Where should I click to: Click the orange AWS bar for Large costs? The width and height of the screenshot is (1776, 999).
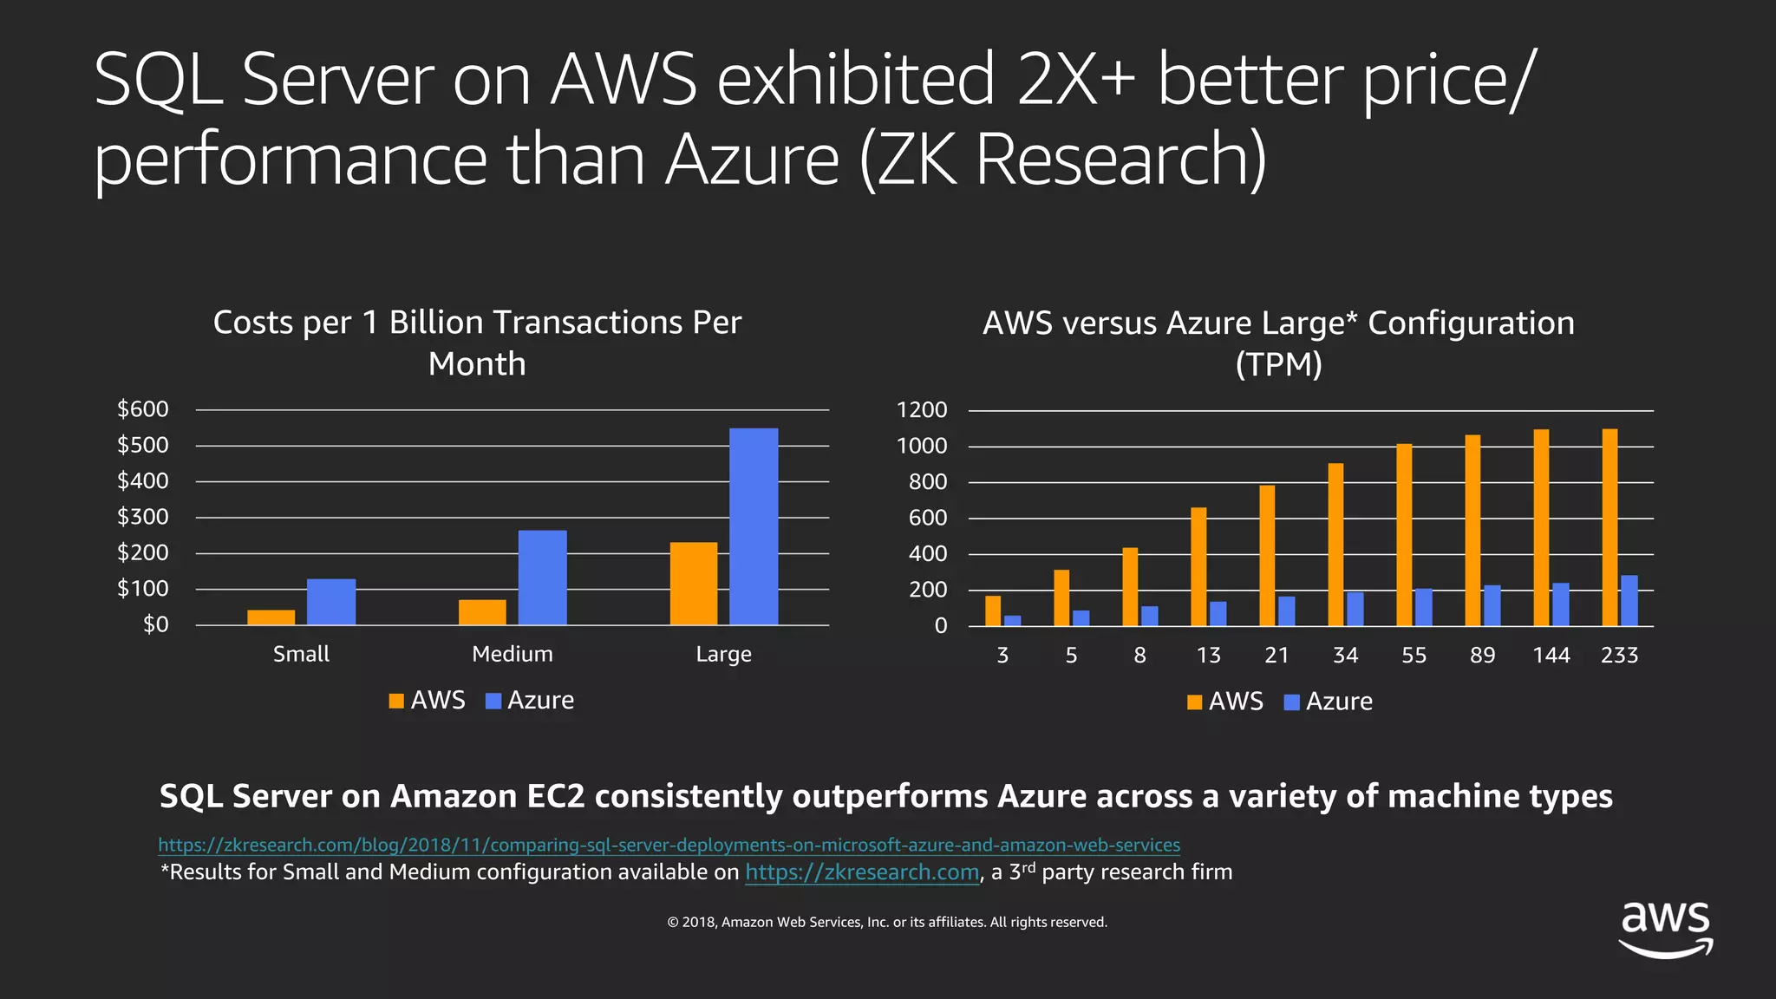694,583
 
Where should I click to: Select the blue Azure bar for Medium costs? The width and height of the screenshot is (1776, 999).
542,577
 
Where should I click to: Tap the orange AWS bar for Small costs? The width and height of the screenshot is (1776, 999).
271,617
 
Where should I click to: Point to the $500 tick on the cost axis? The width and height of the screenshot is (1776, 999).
143,445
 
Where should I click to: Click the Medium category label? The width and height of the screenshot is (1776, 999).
512,654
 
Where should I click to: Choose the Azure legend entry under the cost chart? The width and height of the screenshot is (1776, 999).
530,700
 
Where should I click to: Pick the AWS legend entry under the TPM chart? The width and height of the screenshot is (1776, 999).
1224,701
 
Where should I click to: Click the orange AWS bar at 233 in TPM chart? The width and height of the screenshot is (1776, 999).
1609,527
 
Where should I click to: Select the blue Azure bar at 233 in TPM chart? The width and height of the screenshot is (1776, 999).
1629,600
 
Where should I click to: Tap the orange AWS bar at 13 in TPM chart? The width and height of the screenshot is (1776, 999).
1198,566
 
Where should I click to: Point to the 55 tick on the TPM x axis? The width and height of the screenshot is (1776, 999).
1414,655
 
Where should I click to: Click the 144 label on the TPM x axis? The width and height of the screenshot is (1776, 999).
1551,655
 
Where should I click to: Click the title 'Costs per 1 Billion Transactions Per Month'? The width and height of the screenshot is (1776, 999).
477,343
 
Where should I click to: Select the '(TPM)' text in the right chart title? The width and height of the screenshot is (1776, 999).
1278,364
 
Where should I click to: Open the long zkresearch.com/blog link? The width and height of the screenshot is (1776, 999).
669,845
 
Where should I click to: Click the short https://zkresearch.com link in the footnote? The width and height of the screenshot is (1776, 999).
862,872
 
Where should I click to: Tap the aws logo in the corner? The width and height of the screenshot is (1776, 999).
1666,929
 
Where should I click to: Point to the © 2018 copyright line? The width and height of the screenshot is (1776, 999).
887,922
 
